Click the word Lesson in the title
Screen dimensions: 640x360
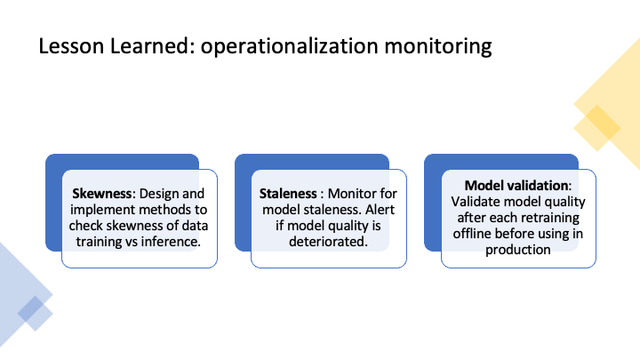tap(71, 45)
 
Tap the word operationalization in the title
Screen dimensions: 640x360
tap(290, 46)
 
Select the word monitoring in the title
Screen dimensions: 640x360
tap(438, 46)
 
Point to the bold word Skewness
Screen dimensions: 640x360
tap(102, 194)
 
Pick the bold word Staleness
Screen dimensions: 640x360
tap(288, 194)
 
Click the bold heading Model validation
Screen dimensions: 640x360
tap(516, 185)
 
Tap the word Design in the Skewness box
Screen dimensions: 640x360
tap(157, 195)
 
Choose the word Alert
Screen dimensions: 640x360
tap(380, 210)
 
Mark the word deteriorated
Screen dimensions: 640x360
tap(328, 242)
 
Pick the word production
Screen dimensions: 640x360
tap(518, 250)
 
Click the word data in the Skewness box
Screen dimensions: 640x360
tap(195, 226)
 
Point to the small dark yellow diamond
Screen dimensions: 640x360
tap(597, 128)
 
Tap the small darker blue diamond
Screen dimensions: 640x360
tap(35, 314)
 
